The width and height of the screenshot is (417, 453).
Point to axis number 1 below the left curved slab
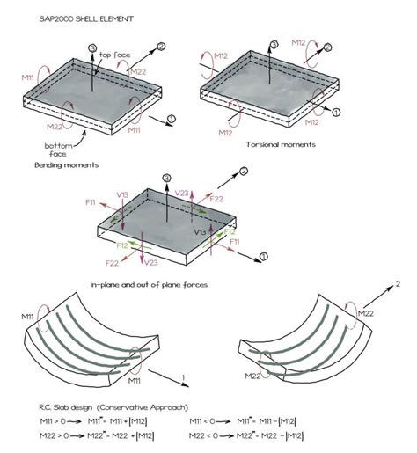[181, 376]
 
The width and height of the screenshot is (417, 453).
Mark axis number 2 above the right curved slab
[398, 284]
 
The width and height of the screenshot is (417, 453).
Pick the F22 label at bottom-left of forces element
[112, 263]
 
